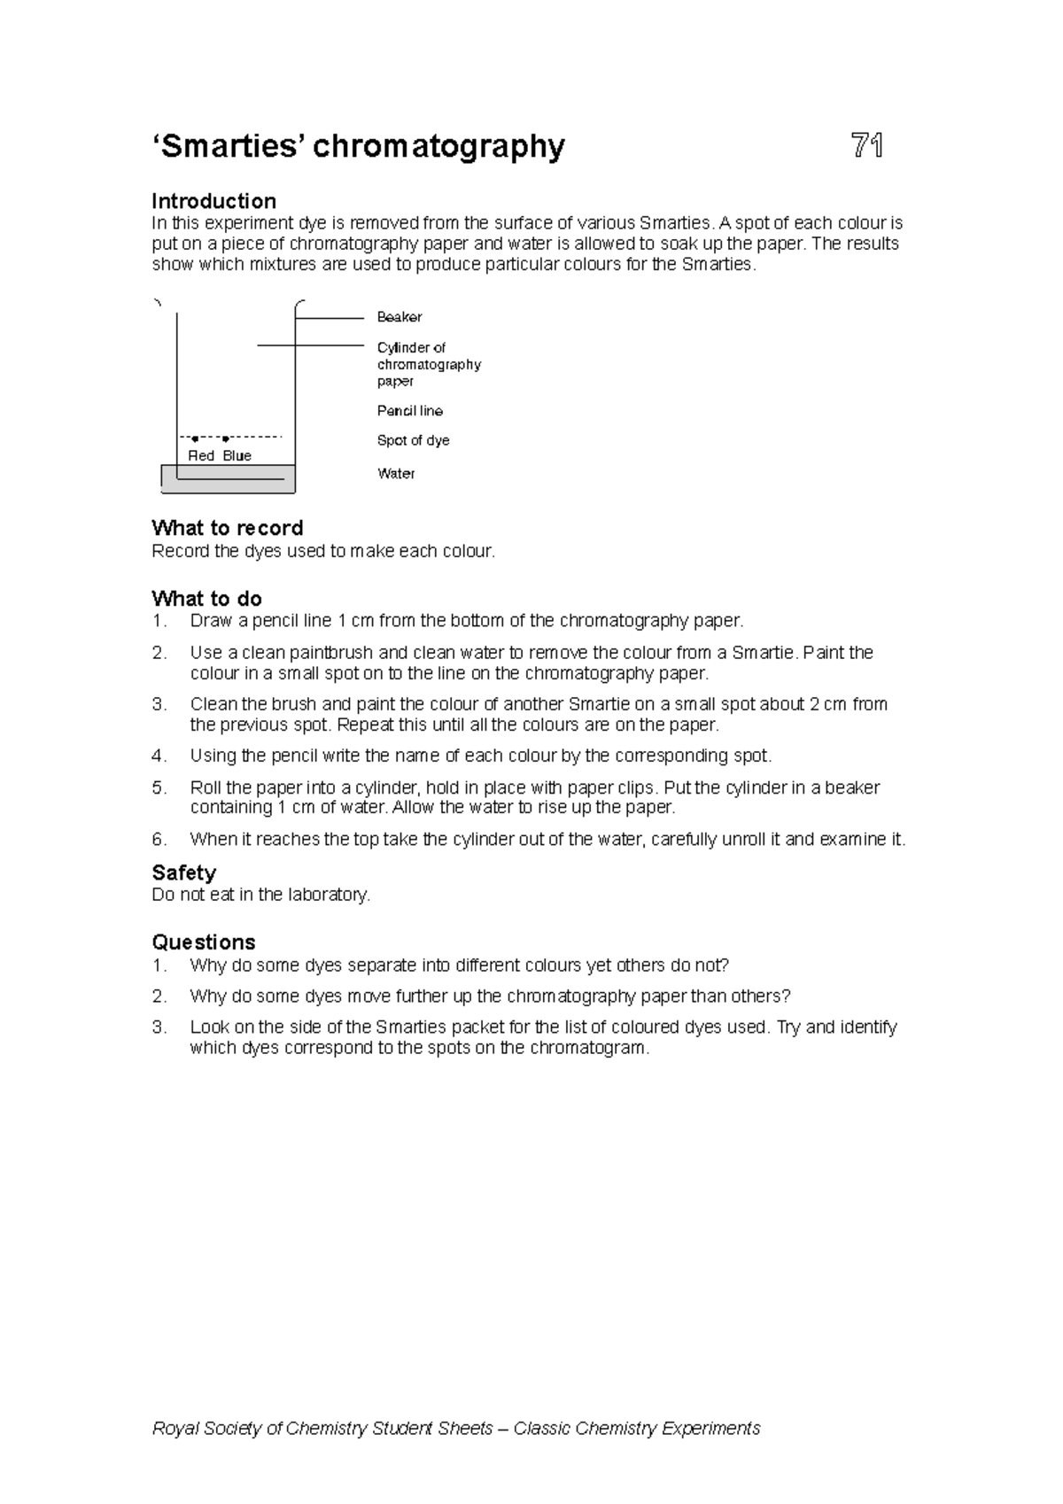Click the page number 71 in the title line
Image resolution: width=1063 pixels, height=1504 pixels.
(866, 146)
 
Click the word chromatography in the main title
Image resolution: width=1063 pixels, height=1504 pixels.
(438, 146)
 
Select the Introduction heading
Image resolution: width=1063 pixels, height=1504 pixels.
(213, 201)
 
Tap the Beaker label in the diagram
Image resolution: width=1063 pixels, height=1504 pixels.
(400, 317)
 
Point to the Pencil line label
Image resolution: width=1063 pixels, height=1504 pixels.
(409, 411)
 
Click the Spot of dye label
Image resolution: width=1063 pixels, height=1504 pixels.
(413, 440)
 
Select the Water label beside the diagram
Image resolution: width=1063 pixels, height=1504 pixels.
(396, 474)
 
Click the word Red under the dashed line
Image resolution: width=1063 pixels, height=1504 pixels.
(201, 455)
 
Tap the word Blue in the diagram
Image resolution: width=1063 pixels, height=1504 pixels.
(237, 455)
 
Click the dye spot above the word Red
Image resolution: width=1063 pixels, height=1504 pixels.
(195, 438)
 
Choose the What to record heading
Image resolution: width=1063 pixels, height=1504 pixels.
(227, 528)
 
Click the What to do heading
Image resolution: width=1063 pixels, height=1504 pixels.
(206, 599)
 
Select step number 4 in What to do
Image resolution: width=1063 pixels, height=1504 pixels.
(159, 756)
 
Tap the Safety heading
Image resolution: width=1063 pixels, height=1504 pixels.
(183, 872)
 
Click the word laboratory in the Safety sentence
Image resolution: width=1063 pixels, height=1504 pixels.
(325, 895)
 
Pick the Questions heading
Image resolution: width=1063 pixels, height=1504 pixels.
(203, 942)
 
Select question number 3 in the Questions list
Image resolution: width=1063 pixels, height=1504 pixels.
(159, 1027)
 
